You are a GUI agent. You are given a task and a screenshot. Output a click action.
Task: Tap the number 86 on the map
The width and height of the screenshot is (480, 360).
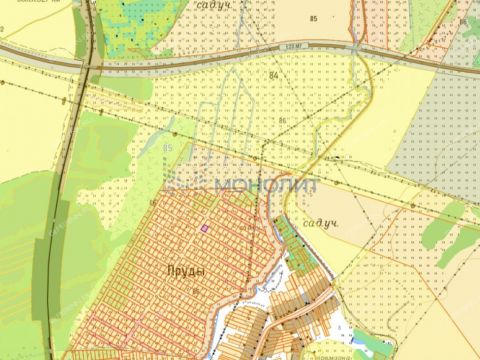(x=282, y=122)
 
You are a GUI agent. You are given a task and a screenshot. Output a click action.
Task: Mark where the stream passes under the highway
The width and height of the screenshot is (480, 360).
(x=357, y=47)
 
